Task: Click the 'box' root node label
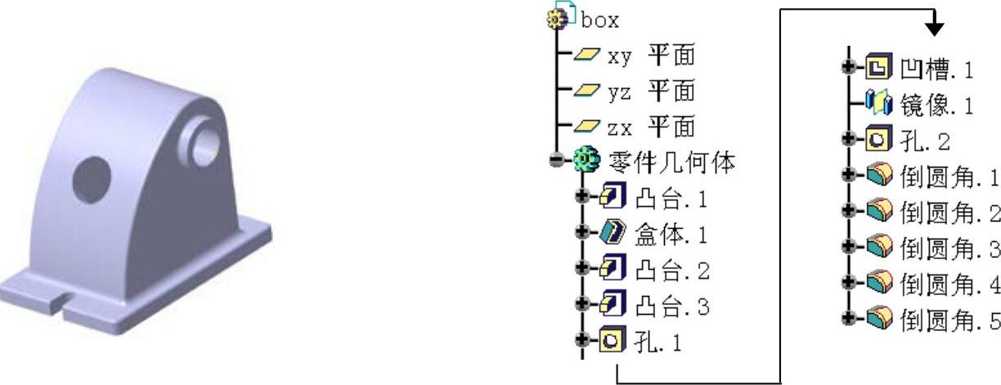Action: coord(600,20)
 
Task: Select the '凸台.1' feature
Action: coord(671,198)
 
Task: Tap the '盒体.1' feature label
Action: coord(671,235)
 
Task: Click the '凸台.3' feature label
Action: coord(671,307)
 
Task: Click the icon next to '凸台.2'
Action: coord(610,271)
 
